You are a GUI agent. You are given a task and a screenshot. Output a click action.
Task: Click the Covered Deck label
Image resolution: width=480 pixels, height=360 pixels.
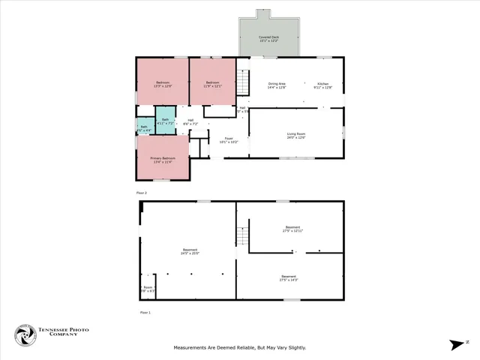270,38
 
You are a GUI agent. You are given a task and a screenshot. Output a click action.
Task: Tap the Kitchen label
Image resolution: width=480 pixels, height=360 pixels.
322,85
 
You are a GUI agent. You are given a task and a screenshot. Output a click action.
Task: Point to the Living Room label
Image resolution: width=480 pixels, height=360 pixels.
295,135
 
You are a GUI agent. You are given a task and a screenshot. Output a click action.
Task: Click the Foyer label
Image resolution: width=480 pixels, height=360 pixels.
229,139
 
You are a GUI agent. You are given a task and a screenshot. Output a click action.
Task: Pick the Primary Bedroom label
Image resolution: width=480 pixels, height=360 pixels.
162,160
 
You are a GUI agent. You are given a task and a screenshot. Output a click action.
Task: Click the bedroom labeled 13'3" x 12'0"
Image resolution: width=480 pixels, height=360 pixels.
163,84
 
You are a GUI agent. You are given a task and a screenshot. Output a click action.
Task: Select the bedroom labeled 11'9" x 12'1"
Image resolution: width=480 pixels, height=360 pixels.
213,84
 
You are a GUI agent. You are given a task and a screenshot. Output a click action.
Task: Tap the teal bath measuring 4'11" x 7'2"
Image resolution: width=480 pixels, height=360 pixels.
166,121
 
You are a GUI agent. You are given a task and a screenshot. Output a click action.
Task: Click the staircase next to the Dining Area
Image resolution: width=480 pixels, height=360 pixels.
243,82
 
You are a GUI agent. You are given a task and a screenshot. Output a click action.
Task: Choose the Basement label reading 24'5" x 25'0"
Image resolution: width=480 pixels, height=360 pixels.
190,251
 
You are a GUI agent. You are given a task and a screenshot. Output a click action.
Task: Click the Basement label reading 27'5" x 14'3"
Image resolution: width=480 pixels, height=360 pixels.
289,277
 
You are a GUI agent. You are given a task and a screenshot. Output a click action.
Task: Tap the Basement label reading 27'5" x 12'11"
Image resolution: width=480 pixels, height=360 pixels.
292,229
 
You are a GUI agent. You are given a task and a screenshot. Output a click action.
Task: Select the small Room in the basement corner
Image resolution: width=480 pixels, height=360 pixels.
148,289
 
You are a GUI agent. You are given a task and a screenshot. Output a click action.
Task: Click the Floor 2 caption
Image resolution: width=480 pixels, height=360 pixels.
142,193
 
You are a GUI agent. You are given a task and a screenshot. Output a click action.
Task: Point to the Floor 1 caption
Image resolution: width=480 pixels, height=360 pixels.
145,312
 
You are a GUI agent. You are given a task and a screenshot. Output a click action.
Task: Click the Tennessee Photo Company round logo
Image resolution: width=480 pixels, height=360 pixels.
25,335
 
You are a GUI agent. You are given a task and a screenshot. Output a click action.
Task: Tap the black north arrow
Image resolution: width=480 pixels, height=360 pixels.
457,345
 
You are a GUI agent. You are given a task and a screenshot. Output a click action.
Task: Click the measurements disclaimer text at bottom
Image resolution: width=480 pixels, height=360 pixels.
240,347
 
